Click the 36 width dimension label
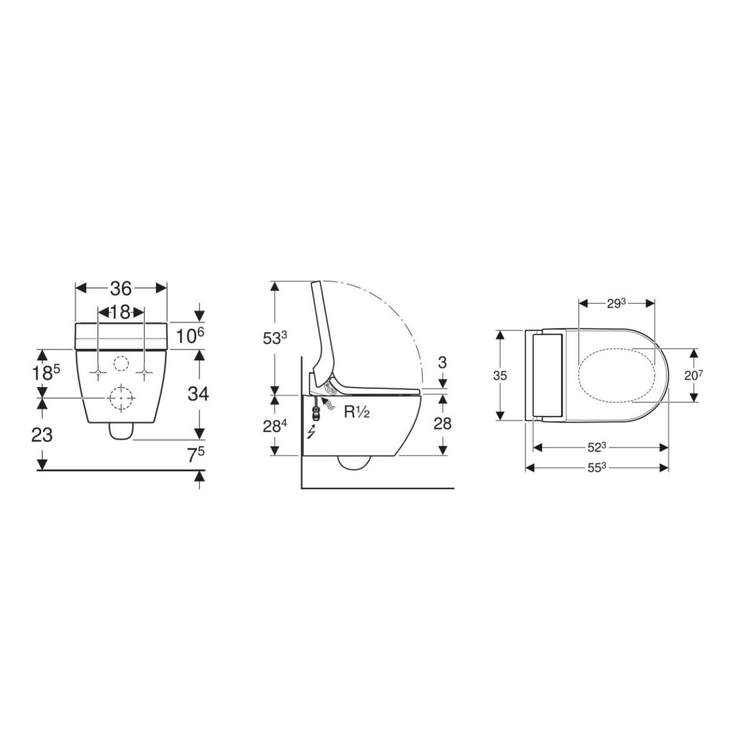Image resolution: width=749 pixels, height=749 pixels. coord(121,288)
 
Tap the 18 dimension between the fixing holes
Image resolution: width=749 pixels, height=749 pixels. coord(120,311)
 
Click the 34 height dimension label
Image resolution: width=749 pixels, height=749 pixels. coord(198,394)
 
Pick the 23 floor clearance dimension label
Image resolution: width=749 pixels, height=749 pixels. coord(42,434)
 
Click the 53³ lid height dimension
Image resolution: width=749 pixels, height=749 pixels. coord(275,338)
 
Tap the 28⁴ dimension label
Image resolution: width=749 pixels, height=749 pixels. coord(275,426)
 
